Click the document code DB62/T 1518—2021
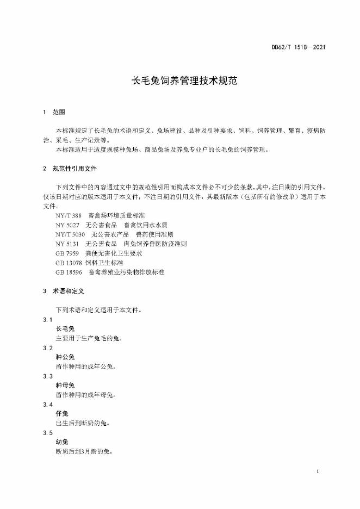[299, 47]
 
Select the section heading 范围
[59, 113]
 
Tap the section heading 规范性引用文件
[75, 168]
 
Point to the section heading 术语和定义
[68, 291]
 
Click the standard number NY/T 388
[68, 216]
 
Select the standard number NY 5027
[68, 225]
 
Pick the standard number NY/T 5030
[70, 234]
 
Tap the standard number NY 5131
[68, 244]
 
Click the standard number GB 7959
[67, 253]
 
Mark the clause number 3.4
[47, 405]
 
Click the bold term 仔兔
[61, 414]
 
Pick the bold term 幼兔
[61, 442]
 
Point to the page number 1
[316, 471]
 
